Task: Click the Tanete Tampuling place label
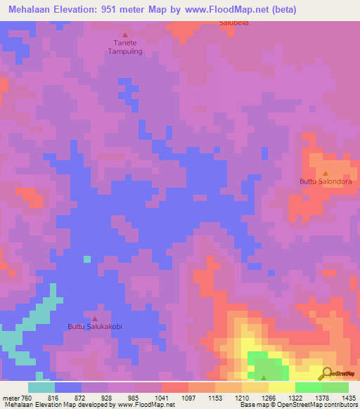pos(125,47)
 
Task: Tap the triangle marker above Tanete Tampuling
pos(126,34)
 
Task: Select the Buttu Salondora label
pos(325,181)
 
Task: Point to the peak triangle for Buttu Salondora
pos(325,173)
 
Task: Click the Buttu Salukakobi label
pos(95,326)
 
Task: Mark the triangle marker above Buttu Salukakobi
pos(95,318)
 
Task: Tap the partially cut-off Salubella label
pos(234,23)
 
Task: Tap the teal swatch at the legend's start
pos(41,387)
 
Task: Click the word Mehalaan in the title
pos(32,10)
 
